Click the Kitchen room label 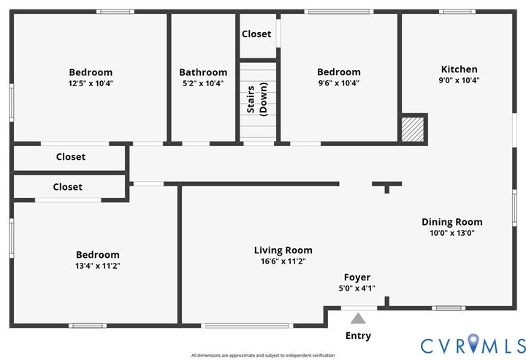[459, 69]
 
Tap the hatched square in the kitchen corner [412, 129]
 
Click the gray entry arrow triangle [358, 318]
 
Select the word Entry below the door [358, 336]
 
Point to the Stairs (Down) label [256, 102]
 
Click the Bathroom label [203, 72]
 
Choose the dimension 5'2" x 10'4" [203, 83]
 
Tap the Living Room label [283, 250]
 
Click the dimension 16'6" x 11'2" [283, 261]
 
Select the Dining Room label [452, 222]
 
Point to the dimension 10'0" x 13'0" [452, 233]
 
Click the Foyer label [357, 277]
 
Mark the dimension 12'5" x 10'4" [91, 83]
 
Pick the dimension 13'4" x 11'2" [98, 266]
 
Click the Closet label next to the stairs [256, 34]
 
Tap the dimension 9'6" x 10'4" [338, 83]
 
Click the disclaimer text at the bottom [263, 356]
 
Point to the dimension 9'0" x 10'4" [459, 80]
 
